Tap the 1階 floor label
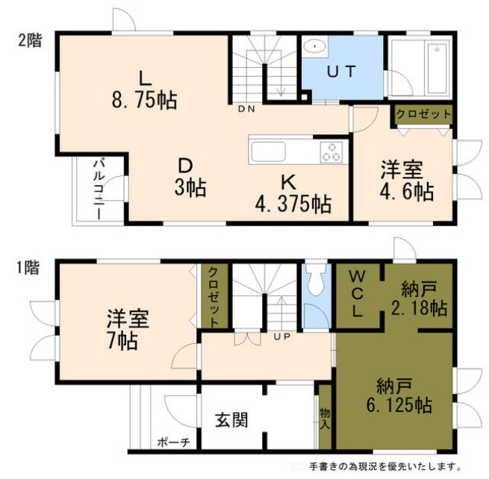point(29,266)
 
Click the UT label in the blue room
point(342,72)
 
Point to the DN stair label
point(246,109)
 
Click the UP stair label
point(281,337)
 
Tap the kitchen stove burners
point(331,152)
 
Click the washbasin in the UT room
point(317,46)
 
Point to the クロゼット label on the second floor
point(423,114)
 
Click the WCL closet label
point(357,293)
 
